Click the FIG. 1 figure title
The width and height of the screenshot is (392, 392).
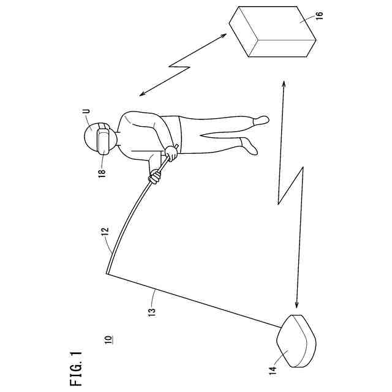76,367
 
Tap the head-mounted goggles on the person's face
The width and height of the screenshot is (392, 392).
104,138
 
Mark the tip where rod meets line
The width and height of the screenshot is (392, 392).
107,274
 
